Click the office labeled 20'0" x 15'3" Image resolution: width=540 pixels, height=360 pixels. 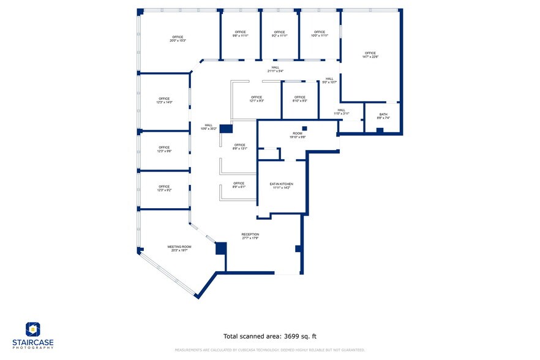[x=178, y=39]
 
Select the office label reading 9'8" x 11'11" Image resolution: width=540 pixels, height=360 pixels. [x=239, y=34]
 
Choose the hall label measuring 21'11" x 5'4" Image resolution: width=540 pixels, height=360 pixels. [x=275, y=69]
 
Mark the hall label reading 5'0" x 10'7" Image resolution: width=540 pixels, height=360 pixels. [x=329, y=80]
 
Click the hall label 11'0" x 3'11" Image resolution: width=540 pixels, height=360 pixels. [x=341, y=112]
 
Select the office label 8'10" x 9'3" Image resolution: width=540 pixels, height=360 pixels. [x=299, y=99]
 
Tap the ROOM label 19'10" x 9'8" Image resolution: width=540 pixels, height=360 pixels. [x=298, y=135]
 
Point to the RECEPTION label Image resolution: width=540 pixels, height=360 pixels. [x=250, y=236]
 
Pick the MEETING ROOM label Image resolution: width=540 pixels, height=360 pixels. [x=179, y=248]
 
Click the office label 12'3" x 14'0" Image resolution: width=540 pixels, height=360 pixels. [x=164, y=100]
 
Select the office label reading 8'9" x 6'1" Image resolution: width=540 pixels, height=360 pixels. [x=239, y=185]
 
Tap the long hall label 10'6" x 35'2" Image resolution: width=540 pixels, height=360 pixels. [x=209, y=127]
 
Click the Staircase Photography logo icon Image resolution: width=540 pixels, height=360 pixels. [x=33, y=329]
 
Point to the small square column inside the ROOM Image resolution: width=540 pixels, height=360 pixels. [x=304, y=128]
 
